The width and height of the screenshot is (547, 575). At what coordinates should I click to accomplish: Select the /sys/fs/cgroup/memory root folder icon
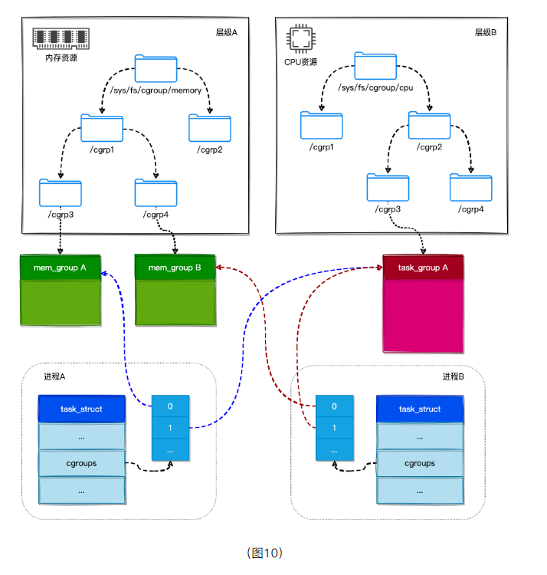tap(156, 69)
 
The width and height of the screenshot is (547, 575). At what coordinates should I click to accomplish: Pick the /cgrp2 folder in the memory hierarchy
tap(210, 127)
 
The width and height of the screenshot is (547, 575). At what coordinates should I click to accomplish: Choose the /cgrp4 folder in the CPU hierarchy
tap(470, 187)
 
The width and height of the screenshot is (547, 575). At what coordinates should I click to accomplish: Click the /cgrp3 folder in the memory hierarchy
tap(60, 192)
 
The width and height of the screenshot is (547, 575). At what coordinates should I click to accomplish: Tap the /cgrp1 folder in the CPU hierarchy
tap(321, 125)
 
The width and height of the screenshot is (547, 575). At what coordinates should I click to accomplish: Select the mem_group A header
tap(60, 268)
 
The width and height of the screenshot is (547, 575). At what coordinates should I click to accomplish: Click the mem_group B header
tap(175, 268)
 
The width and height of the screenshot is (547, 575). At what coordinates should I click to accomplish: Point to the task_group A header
tap(424, 268)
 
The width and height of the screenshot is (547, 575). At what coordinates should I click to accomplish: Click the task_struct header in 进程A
tap(81, 409)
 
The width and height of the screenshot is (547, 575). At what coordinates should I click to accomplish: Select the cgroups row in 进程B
tap(420, 463)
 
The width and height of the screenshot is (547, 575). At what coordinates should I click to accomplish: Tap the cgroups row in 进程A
tap(81, 463)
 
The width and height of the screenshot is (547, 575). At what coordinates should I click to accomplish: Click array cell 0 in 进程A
tap(170, 407)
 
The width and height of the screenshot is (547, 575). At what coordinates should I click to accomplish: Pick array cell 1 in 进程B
tap(334, 429)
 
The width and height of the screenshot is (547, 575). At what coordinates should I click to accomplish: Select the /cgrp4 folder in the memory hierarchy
tap(156, 192)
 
